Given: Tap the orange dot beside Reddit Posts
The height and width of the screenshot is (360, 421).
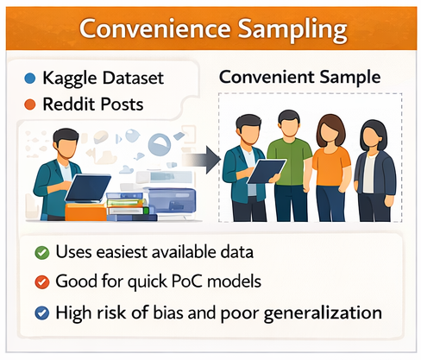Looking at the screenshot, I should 32,104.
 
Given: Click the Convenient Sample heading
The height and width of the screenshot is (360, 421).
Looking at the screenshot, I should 299,77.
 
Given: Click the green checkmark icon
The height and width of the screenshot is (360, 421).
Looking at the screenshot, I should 41,253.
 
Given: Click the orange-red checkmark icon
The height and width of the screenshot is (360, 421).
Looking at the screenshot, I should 41,281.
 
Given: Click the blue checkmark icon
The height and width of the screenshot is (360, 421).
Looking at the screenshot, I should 41,310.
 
